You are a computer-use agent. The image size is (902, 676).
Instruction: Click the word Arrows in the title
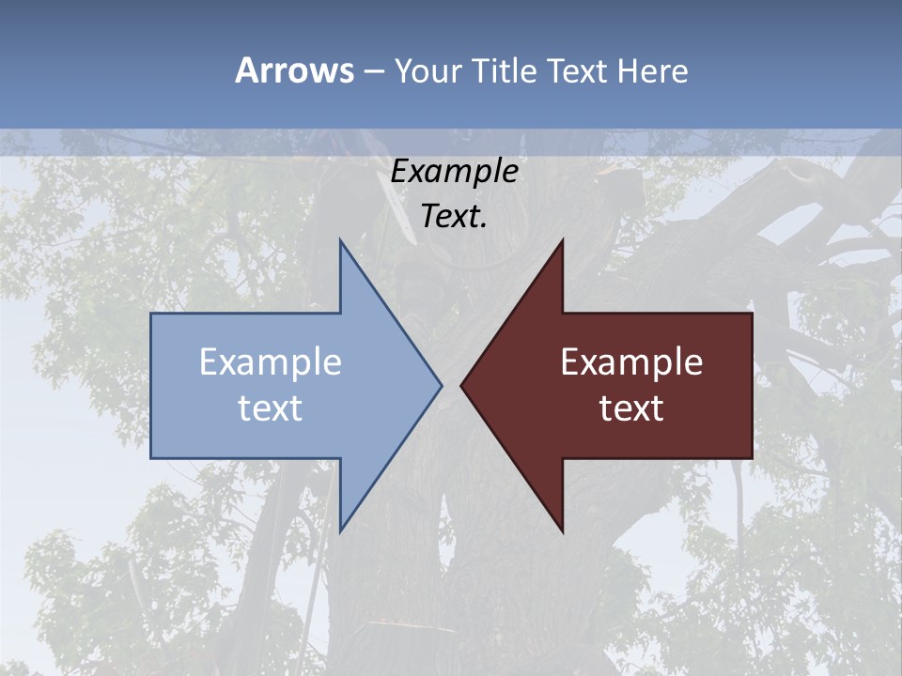click(294, 70)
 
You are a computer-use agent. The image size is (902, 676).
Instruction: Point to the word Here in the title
click(653, 70)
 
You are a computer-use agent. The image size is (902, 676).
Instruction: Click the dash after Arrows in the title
click(373, 71)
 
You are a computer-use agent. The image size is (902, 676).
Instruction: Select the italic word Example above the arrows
click(455, 172)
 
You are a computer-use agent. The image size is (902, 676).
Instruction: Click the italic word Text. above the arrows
click(455, 216)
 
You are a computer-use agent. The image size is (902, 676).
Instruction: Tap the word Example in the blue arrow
click(271, 362)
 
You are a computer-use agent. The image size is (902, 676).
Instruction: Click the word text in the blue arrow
click(271, 407)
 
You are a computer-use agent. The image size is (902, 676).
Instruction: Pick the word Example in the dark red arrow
click(631, 362)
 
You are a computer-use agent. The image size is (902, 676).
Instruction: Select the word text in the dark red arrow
click(631, 407)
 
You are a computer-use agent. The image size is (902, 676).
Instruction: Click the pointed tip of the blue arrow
click(442, 385)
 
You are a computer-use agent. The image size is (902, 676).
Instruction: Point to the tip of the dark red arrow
click(461, 385)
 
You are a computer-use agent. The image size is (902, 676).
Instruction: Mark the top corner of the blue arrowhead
click(340, 239)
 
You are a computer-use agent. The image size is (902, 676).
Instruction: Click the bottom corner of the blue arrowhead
click(340, 532)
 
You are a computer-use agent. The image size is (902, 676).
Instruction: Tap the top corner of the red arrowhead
click(562, 239)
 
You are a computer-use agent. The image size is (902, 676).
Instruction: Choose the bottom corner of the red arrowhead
click(562, 532)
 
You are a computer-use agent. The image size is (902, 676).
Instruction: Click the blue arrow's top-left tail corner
click(151, 314)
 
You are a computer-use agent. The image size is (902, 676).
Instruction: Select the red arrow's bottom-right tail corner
click(752, 458)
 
